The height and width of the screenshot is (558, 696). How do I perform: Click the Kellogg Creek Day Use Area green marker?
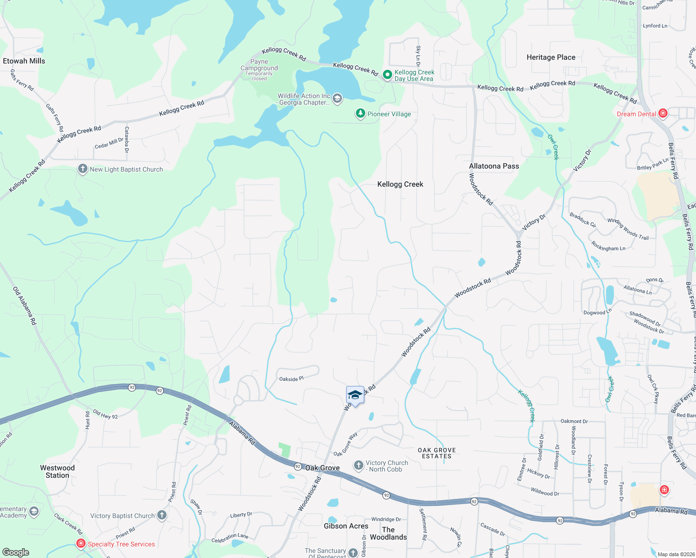pos(387,74)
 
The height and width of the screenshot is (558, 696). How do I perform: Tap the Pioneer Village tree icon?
pos(360,113)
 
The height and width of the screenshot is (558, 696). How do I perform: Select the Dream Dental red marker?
pos(663,113)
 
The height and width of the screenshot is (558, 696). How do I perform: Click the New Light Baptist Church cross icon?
pos(83,169)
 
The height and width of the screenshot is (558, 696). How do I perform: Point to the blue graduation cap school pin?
pos(355,395)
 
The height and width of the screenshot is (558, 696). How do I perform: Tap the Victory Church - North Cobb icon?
pos(358,465)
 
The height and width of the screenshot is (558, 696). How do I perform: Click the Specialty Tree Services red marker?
pos(80,543)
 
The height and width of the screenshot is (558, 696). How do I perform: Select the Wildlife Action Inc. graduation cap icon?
pos(337,98)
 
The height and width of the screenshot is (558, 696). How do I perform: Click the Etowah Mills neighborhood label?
pos(24,61)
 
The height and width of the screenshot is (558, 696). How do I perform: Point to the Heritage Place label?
pos(551,57)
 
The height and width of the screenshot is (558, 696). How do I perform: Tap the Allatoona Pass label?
pos(494,166)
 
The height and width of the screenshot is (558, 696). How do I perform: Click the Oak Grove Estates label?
pos(436,453)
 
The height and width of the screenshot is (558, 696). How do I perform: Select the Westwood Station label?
pos(57,472)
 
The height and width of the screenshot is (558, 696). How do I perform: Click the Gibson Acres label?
pos(346,526)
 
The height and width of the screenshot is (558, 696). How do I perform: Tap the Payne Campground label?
pos(259,65)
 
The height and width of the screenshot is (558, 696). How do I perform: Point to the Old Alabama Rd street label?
pos(25,306)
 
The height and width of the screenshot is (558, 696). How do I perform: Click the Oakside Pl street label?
pos(291,379)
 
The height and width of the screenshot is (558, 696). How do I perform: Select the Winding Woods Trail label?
pos(628,229)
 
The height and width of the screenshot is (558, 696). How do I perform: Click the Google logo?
pos(16,552)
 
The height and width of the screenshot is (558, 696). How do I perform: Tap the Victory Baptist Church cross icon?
pos(161,515)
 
